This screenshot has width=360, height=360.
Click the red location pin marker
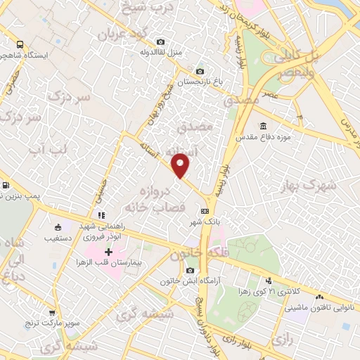[181, 166]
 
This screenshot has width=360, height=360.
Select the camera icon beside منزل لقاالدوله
[162, 42]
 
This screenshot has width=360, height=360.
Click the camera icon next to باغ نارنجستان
[200, 71]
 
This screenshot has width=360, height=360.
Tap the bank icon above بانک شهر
[205, 210]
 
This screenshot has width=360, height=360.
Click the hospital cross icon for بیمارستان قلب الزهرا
[109, 252]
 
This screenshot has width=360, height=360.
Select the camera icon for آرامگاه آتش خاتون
[190, 271]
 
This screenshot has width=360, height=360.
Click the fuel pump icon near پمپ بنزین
[6, 186]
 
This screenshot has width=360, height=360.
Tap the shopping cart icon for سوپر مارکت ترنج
[51, 312]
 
